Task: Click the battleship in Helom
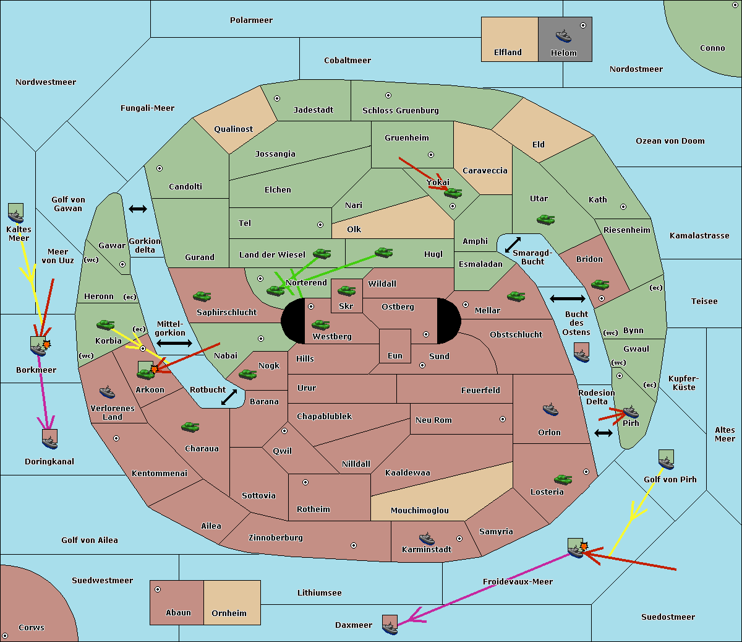563,37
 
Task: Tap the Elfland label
508,53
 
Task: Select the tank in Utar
545,219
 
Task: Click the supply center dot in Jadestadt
277,98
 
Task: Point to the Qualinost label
233,129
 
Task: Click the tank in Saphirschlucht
202,296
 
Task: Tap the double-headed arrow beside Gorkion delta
138,209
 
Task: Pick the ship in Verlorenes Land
107,392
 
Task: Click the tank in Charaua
190,427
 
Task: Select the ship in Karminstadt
427,538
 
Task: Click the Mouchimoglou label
420,510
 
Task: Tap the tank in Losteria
563,479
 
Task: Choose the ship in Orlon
550,409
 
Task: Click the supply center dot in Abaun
158,589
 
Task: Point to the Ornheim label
229,613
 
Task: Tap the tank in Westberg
320,324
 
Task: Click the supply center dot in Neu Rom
503,419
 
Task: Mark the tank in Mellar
516,296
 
